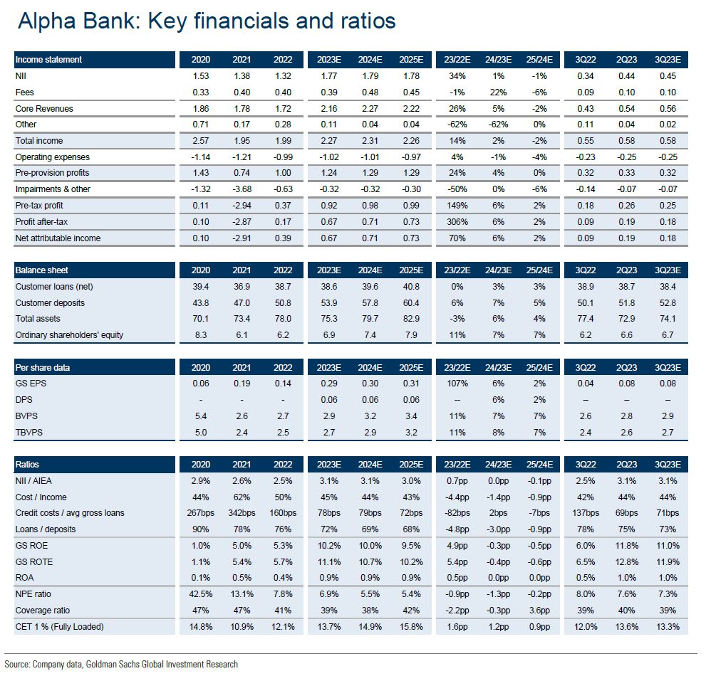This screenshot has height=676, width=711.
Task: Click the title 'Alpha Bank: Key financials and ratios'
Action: click(x=206, y=21)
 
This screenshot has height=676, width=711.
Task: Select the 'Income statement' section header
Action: click(x=48, y=60)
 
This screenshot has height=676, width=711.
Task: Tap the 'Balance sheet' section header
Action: click(x=43, y=270)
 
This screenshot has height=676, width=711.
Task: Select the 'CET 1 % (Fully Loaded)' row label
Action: click(x=59, y=627)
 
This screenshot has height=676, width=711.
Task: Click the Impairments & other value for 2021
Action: click(x=242, y=189)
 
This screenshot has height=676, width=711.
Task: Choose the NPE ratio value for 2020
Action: click(x=201, y=594)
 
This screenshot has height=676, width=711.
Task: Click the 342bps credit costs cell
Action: click(x=242, y=513)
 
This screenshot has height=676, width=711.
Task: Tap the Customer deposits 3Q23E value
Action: click(x=668, y=303)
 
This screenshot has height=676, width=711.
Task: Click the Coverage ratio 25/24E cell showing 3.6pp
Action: click(x=539, y=611)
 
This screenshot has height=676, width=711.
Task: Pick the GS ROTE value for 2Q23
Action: click(x=626, y=562)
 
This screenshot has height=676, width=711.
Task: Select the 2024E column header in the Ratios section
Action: click(x=369, y=465)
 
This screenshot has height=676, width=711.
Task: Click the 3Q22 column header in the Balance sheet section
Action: click(x=584, y=270)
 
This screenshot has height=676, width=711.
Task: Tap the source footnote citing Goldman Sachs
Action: click(x=121, y=664)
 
